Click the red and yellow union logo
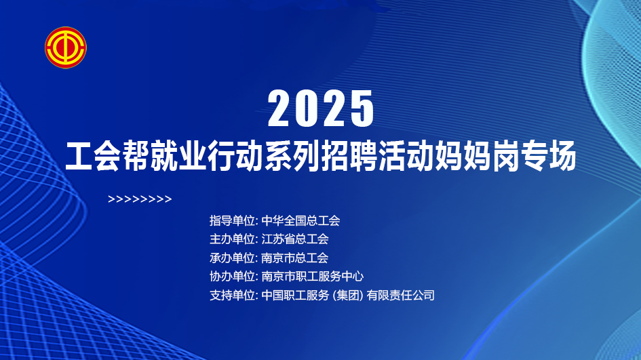[x=65, y=47]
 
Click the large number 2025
[x=321, y=108]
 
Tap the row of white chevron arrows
[x=140, y=199]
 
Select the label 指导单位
[x=232, y=220]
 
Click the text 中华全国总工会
[x=300, y=220]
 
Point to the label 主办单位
[x=232, y=239]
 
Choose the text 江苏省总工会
[x=295, y=239]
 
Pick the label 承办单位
[x=232, y=258]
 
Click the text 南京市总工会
[x=295, y=258]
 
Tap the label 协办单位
[x=232, y=276]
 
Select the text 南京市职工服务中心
[x=312, y=276]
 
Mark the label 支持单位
[x=232, y=295]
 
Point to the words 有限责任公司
[x=401, y=295]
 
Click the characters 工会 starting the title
[x=93, y=156]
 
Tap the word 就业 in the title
[x=178, y=156]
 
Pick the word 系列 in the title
[x=292, y=156]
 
